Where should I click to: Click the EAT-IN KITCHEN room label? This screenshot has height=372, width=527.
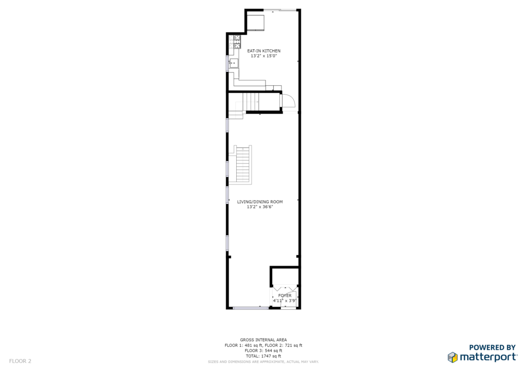tap(264, 51)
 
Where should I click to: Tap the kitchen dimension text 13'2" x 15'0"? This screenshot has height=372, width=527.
tap(264, 56)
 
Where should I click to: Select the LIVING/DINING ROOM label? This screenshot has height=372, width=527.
tap(260, 202)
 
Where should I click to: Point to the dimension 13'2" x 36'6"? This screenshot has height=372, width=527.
tap(260, 207)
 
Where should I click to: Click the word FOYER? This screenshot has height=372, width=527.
tap(285, 295)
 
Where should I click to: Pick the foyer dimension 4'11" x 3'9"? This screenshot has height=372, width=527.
tap(284, 301)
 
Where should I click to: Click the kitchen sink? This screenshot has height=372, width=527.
tap(234, 63)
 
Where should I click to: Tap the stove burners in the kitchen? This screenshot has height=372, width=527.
tap(237, 42)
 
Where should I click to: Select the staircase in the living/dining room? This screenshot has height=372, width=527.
tap(243, 165)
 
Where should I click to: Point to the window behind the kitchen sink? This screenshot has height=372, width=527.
tap(227, 63)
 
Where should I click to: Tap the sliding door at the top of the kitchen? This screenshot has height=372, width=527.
tap(280, 10)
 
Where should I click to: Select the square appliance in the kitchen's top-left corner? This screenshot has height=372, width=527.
tap(256, 22)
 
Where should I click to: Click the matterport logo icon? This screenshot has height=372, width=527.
tap(453, 357)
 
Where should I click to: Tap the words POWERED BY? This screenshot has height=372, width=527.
tap(493, 347)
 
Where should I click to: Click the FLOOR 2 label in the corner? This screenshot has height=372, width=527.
tap(20, 361)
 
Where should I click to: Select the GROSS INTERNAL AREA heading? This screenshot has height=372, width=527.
tap(263, 340)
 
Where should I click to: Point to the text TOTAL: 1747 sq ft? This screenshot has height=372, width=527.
tap(263, 356)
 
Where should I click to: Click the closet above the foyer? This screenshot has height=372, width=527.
tap(284, 277)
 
